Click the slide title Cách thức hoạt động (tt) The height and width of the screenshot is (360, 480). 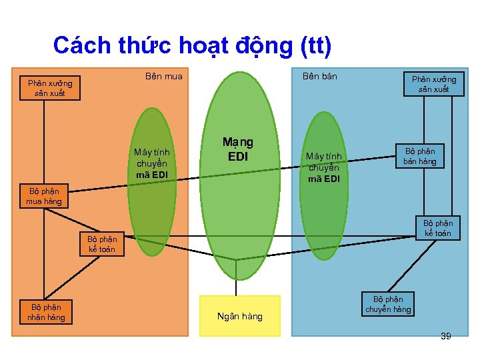[192, 46]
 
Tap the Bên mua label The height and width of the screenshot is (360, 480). [163, 77]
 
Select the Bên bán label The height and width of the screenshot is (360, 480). [319, 77]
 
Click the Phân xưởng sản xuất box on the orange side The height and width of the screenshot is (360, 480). [50, 89]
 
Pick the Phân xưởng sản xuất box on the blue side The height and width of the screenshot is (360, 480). [433, 84]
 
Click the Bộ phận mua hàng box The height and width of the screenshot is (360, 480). [43, 196]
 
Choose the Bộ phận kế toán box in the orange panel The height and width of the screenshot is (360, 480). [101, 244]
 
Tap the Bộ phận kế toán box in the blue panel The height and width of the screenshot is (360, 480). [437, 228]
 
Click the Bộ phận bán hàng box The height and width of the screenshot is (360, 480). [419, 156]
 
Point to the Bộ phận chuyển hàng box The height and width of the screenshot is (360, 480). [387, 304]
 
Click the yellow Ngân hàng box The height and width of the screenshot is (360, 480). [239, 316]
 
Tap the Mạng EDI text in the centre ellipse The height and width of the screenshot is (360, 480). [238, 149]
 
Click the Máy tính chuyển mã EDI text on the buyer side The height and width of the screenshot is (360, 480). [151, 163]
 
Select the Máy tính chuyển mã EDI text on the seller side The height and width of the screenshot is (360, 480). [323, 167]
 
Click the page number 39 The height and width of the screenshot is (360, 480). [445, 336]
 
